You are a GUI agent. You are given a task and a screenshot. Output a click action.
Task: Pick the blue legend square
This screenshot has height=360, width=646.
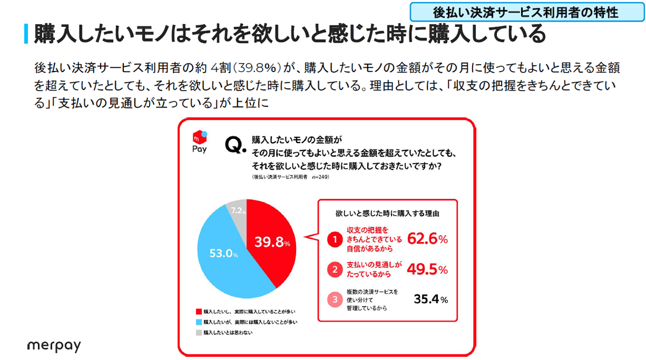click(x=199, y=322)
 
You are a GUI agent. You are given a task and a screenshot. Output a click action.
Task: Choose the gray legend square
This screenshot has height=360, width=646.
click(x=199, y=333)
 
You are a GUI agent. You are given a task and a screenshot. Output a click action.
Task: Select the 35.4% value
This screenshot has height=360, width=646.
click(x=430, y=299)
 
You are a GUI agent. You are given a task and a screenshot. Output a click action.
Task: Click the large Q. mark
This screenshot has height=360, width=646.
click(x=234, y=146)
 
